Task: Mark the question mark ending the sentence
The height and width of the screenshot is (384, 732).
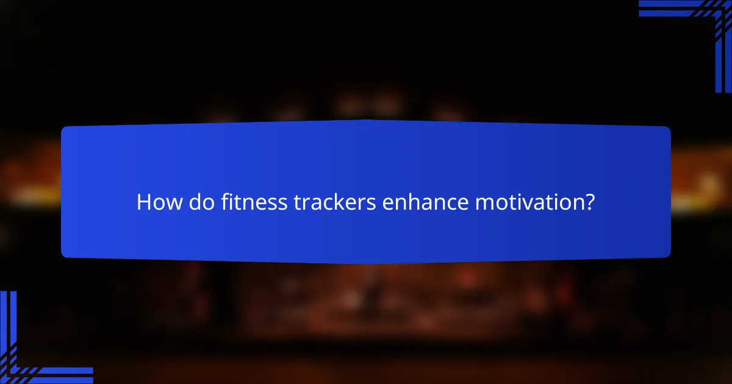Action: (589, 202)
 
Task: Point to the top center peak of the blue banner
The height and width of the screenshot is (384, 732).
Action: (366, 120)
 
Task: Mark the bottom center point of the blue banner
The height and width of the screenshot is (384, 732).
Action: (366, 263)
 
